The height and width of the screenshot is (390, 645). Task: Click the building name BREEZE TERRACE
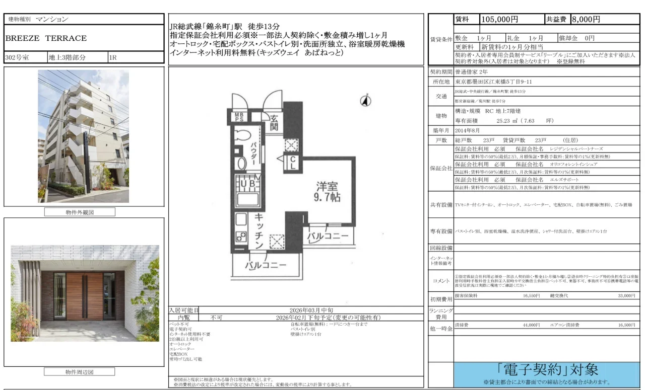tap(46, 38)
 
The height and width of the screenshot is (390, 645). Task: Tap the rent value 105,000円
tap(500, 20)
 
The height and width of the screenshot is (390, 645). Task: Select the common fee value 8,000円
tap(586, 20)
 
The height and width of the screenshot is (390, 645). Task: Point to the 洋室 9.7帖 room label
tap(328, 191)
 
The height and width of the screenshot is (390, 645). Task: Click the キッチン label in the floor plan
tap(259, 231)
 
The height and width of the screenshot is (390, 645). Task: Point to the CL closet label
tap(292, 162)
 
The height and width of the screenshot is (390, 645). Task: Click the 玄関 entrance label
tap(274, 122)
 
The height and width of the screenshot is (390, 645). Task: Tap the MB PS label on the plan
tap(238, 117)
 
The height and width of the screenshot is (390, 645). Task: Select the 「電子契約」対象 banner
tap(548, 370)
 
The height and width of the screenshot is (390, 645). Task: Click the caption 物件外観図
tap(80, 212)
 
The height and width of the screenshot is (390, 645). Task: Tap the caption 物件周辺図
tap(80, 372)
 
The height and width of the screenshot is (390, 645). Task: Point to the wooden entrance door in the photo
tap(84, 296)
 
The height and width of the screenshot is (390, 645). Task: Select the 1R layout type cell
tap(113, 57)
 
